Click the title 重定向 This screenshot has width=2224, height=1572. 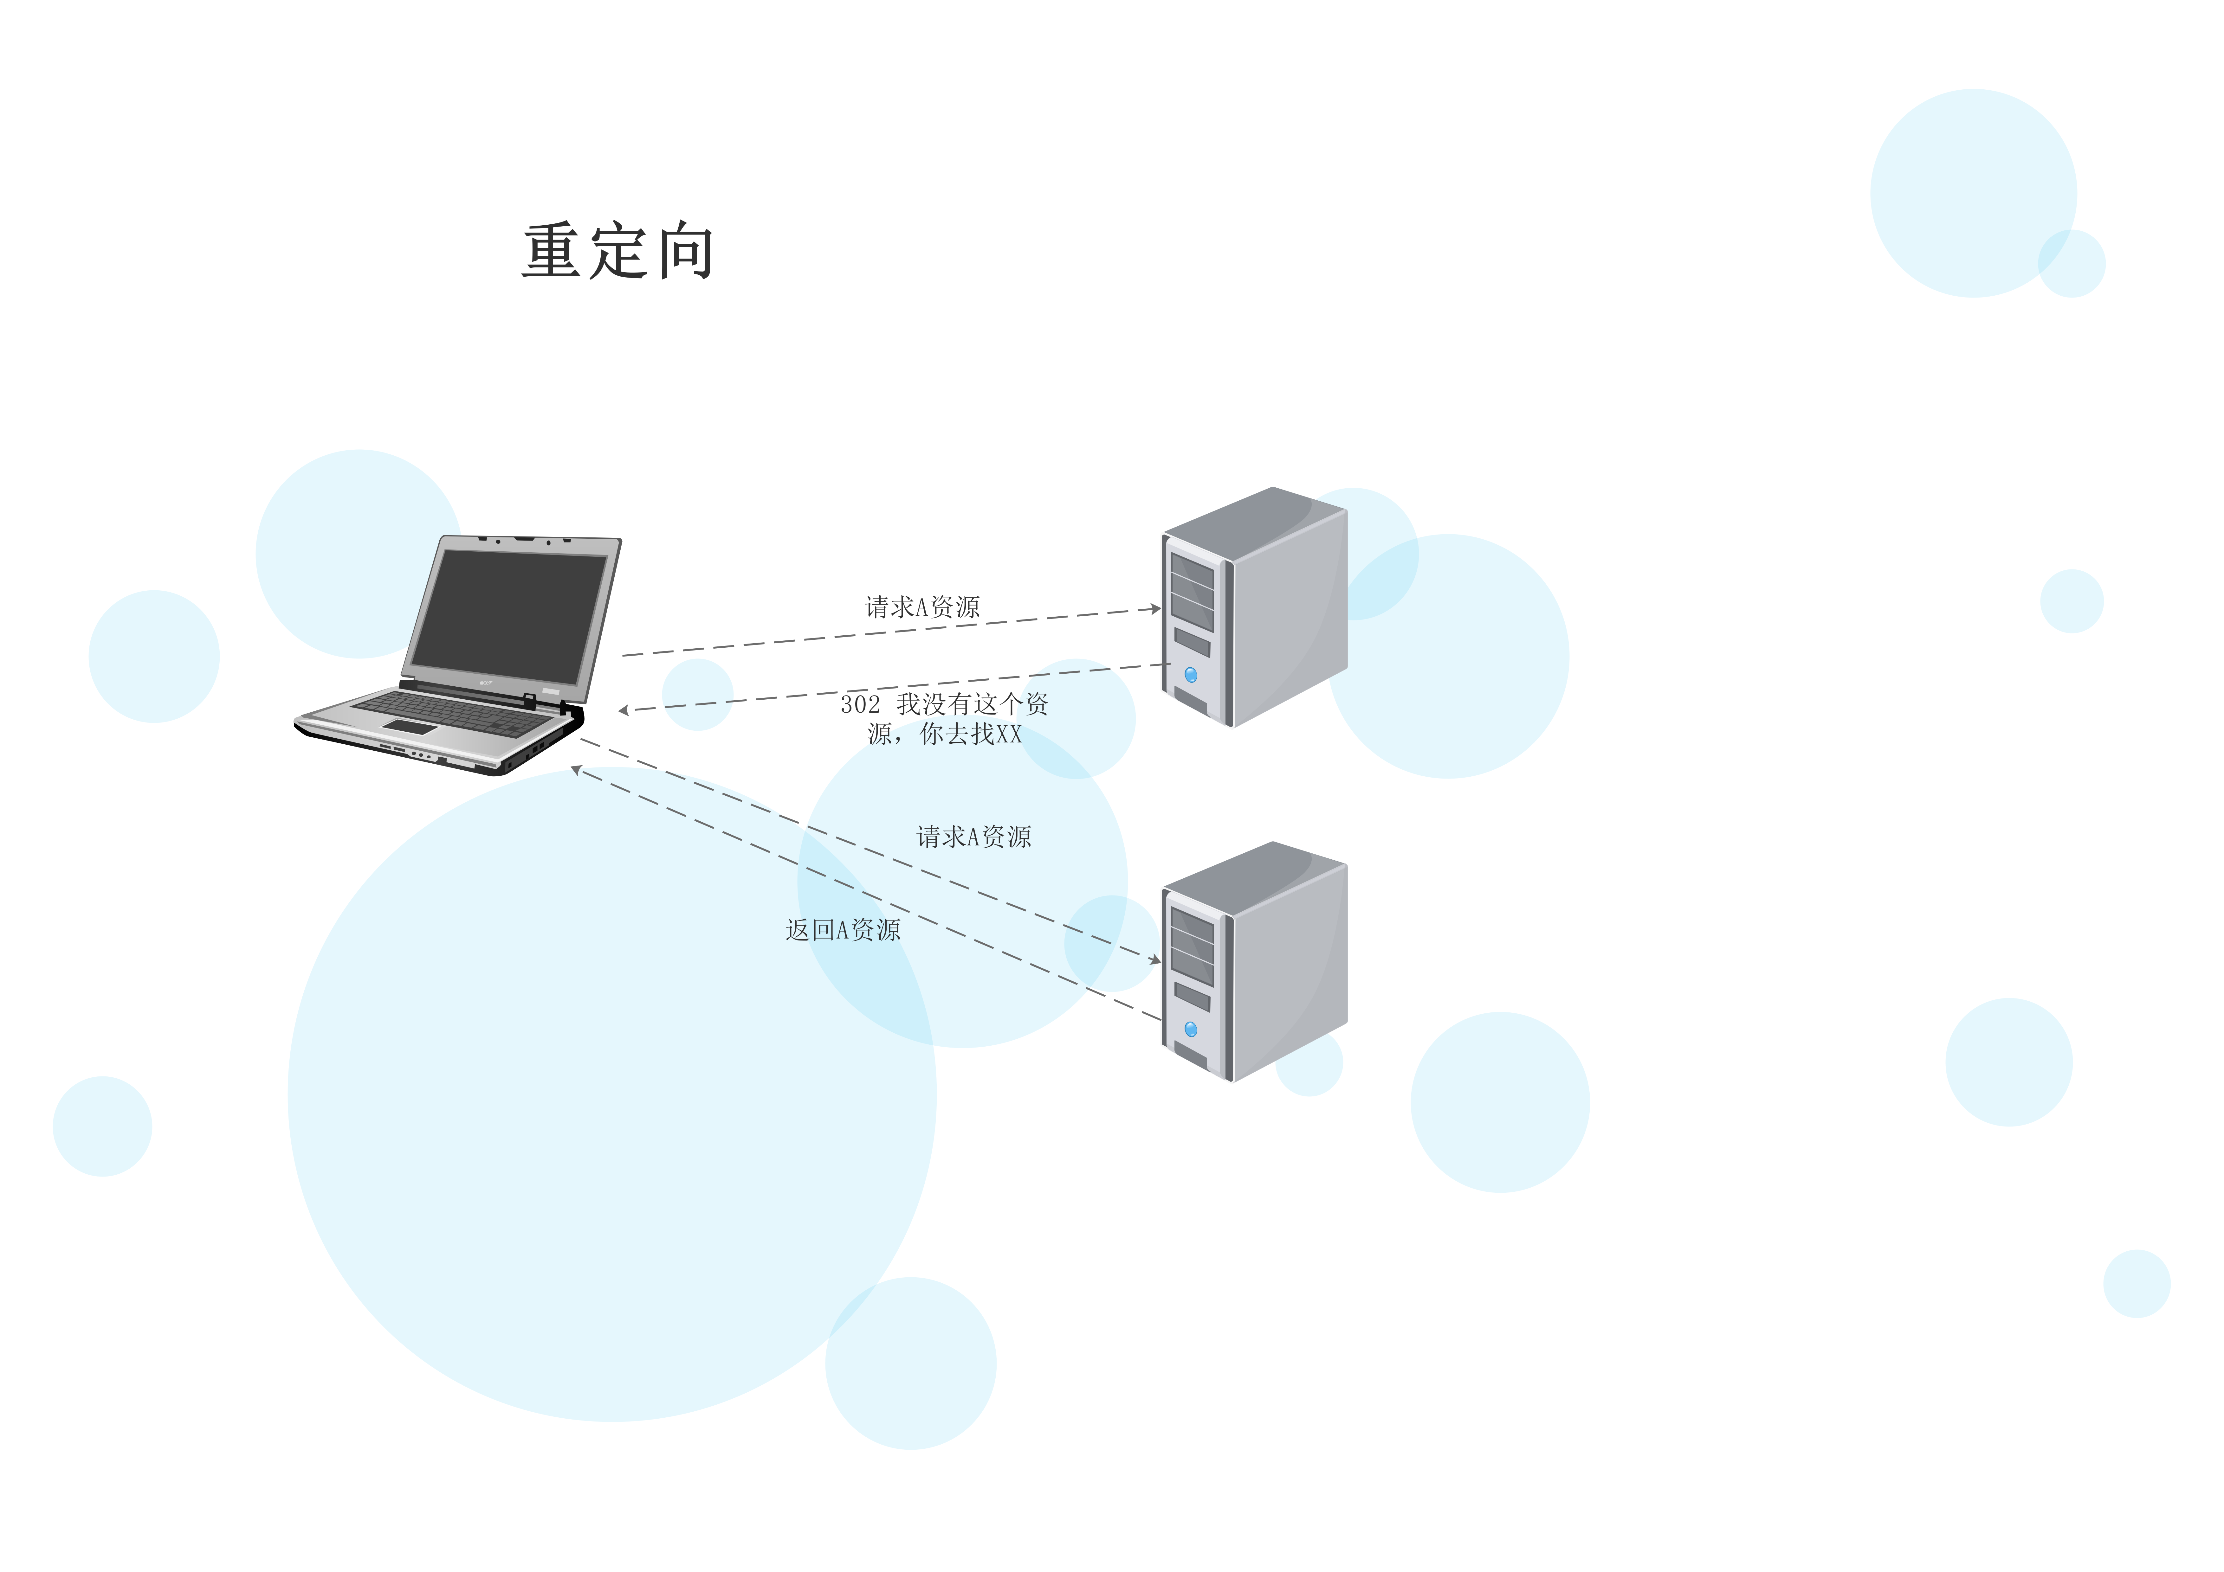tap(618, 252)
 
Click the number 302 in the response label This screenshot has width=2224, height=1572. tap(860, 704)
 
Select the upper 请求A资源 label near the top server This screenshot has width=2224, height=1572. tap(922, 607)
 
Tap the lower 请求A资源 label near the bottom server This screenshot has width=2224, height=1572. tap(973, 837)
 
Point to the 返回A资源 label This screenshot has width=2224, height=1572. tap(843, 930)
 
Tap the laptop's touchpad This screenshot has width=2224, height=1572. tap(409, 727)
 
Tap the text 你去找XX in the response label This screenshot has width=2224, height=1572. tap(971, 734)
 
